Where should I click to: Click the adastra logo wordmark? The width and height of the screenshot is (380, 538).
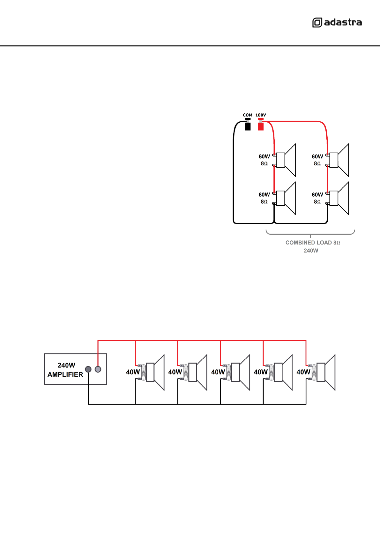point(343,22)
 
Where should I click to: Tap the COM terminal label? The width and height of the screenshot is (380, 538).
point(248,115)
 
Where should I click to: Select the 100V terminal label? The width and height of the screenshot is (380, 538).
point(260,115)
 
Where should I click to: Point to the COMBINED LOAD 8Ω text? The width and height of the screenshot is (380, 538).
point(313,243)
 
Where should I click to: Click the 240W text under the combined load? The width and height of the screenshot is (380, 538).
point(311,251)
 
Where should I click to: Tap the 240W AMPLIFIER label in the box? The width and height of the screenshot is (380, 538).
point(65,370)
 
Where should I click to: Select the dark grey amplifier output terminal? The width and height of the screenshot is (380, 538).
point(88,369)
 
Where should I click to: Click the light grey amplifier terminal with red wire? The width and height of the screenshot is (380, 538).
point(98,369)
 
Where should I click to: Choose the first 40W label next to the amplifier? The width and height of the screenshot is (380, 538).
point(133,372)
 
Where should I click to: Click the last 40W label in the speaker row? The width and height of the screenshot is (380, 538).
point(303,372)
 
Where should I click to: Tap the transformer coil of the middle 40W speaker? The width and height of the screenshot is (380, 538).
point(229,372)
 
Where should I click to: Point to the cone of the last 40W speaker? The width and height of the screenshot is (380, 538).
point(330,372)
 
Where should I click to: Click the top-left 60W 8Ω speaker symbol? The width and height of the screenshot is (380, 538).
point(285,160)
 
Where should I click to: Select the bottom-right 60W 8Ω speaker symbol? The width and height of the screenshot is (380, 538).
point(338,198)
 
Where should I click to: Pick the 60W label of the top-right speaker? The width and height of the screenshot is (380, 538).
point(317,156)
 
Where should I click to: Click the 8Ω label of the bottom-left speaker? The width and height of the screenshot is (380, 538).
point(264,202)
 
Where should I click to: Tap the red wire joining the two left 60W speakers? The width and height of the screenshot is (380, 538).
point(274,179)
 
